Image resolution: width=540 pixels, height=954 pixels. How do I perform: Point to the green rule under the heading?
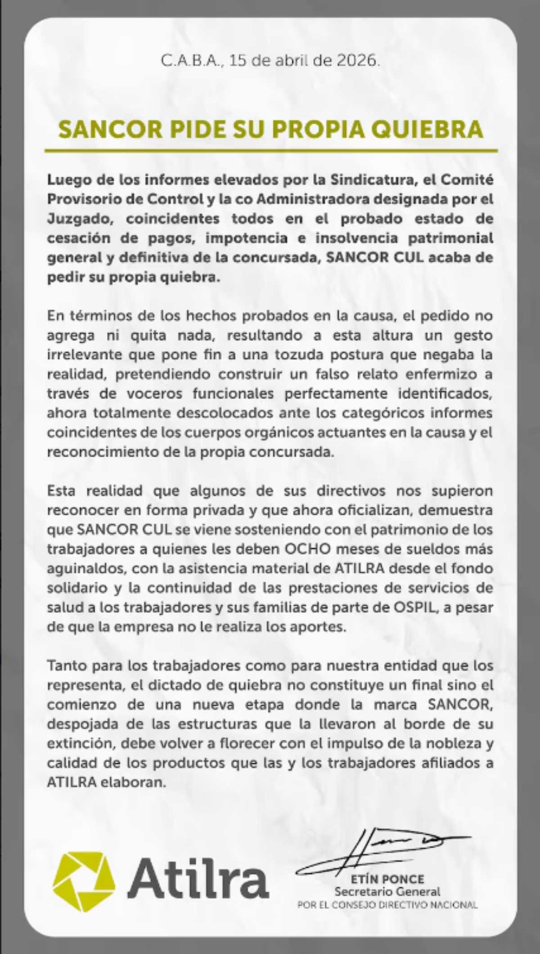(x=270, y=150)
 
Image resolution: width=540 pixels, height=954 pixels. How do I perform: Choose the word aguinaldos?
(x=85, y=569)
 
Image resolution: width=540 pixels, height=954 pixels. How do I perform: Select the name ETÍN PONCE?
(x=387, y=879)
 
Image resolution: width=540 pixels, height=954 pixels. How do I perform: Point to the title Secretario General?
(x=387, y=891)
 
